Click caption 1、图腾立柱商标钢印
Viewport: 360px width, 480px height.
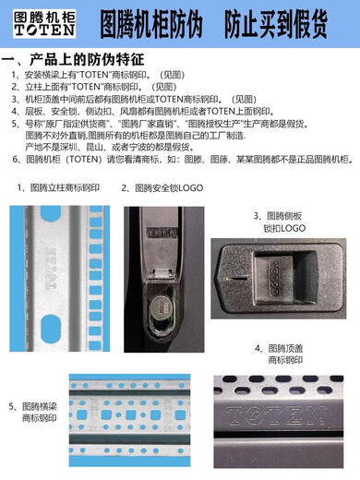[57, 187]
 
